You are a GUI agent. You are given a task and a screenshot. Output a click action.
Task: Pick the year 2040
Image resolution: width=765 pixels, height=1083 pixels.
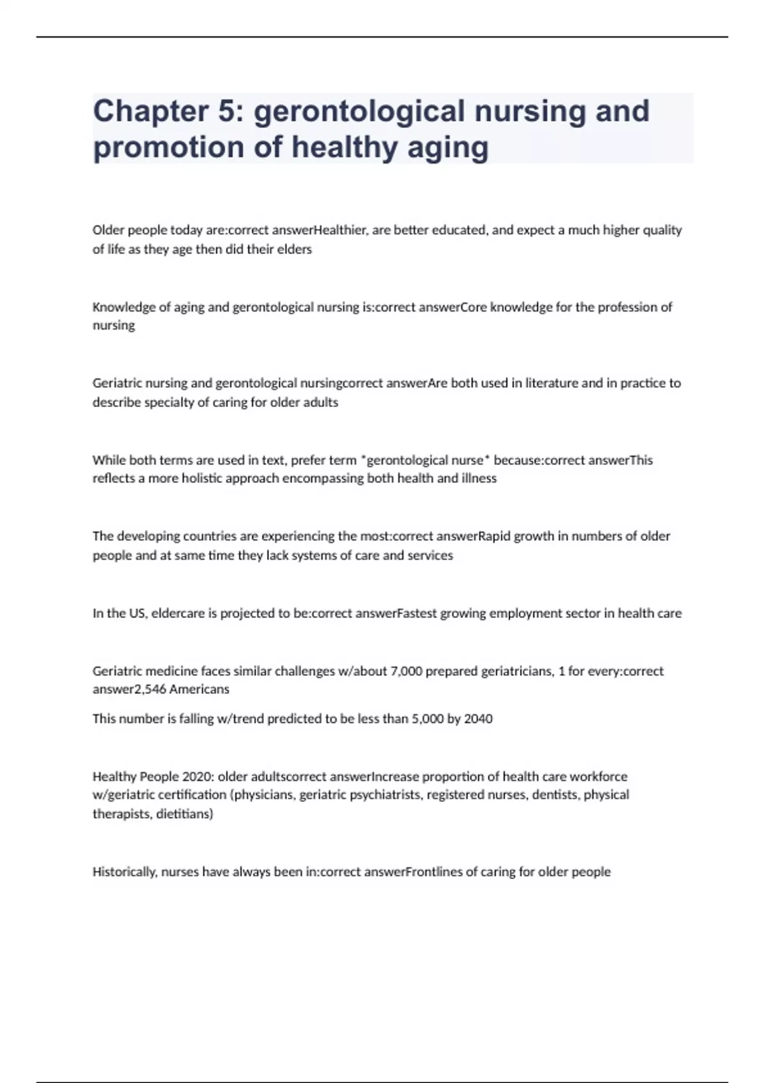coord(478,719)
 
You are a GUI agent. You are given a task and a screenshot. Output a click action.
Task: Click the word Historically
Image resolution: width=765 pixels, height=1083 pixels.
coord(124,871)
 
